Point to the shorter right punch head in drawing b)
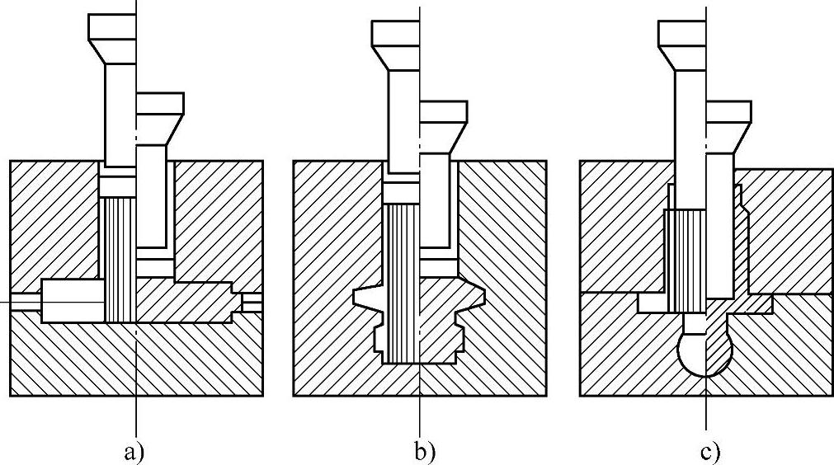coord(444,112)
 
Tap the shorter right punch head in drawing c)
coord(729,112)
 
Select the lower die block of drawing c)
coord(627,355)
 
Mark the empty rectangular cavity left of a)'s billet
coord(73,301)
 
